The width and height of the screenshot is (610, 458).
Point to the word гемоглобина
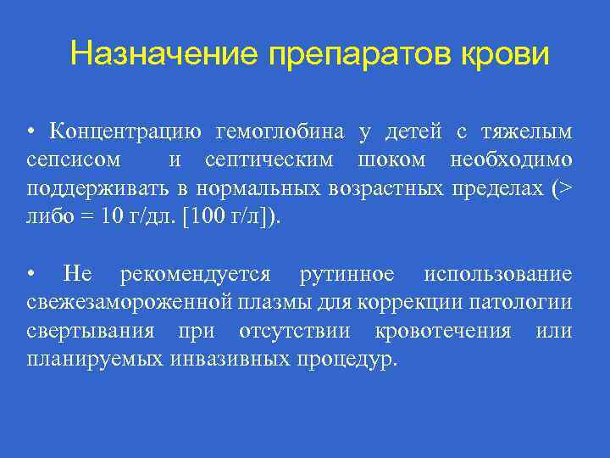click(280, 131)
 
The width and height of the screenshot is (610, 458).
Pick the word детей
click(413, 131)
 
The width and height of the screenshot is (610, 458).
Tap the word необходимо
click(511, 159)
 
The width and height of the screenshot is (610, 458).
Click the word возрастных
click(386, 187)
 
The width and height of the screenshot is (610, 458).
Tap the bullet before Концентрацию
click(30, 132)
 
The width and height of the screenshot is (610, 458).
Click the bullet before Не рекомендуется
click(30, 275)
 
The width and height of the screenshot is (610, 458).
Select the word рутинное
click(347, 274)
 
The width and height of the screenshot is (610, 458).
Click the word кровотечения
click(446, 330)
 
